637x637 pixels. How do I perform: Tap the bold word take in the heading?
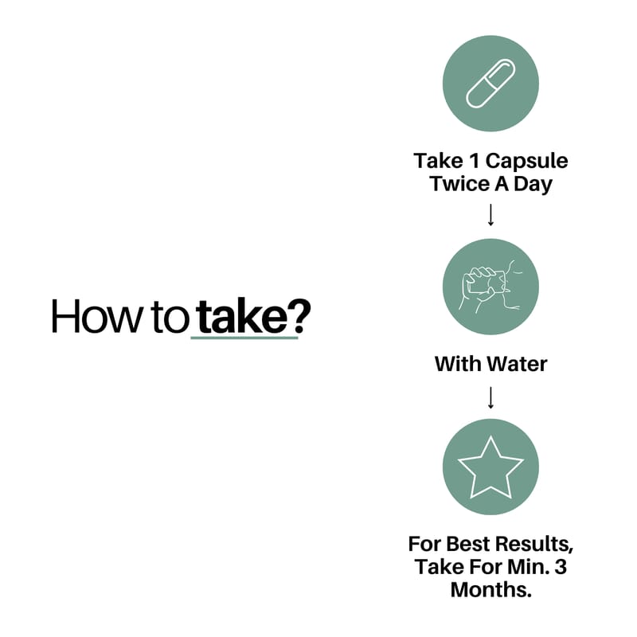coord(242,315)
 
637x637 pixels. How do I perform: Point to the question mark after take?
coord(299,316)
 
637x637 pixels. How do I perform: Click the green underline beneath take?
coord(244,337)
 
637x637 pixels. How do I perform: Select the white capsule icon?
coord(490,84)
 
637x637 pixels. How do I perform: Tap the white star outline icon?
coord(490,467)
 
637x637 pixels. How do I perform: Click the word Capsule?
coord(527,162)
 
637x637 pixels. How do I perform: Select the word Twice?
coord(460,184)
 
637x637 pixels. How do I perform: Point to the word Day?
coord(533,185)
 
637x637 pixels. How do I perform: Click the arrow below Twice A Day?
coord(490,215)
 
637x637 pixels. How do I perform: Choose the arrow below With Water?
coord(490,397)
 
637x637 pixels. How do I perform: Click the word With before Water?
coord(459,364)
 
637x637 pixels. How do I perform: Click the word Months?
coord(490,590)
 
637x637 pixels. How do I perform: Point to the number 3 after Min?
coord(561,567)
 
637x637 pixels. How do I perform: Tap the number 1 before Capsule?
coord(474,161)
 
